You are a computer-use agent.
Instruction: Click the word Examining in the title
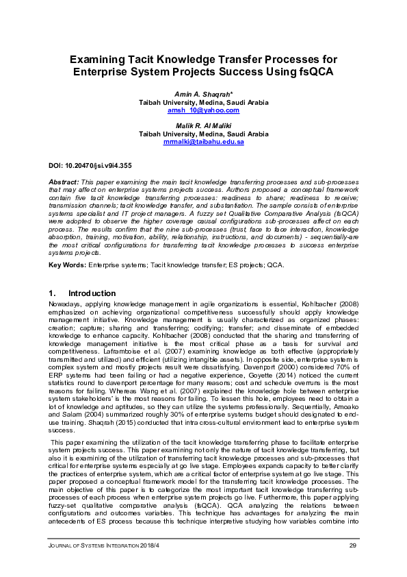coord(107,59)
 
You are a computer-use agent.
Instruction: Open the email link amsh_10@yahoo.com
coord(203,110)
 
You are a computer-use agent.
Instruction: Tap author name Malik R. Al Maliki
coord(203,126)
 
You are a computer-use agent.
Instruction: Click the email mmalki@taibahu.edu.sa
coord(203,142)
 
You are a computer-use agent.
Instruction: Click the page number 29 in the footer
coord(353,545)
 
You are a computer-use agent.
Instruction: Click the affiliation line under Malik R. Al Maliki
coord(203,134)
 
